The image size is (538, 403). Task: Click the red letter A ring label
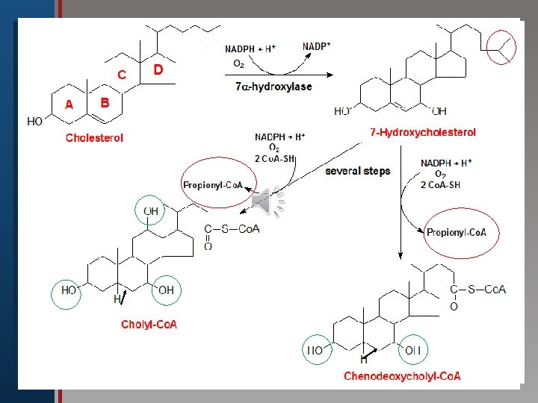click(69, 105)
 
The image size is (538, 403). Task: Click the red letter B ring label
click(105, 102)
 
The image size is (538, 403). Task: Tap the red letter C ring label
click(121, 75)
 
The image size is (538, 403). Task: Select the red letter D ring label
click(158, 69)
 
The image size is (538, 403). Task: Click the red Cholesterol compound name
click(94, 137)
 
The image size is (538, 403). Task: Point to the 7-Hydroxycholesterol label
click(423, 132)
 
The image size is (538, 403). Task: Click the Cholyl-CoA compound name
click(149, 324)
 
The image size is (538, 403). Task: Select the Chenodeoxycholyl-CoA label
click(402, 376)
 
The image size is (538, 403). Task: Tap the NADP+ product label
click(317, 46)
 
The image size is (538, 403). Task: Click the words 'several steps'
click(357, 171)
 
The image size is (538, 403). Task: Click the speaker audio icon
click(268, 204)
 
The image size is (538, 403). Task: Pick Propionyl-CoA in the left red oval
click(218, 184)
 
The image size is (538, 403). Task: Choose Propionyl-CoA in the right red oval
click(457, 232)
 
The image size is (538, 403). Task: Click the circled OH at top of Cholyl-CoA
click(151, 212)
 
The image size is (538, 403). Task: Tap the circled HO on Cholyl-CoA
click(69, 290)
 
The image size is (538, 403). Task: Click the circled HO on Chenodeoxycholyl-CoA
click(315, 349)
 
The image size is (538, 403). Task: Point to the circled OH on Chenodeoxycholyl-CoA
click(413, 349)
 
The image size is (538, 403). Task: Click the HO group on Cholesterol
click(34, 122)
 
